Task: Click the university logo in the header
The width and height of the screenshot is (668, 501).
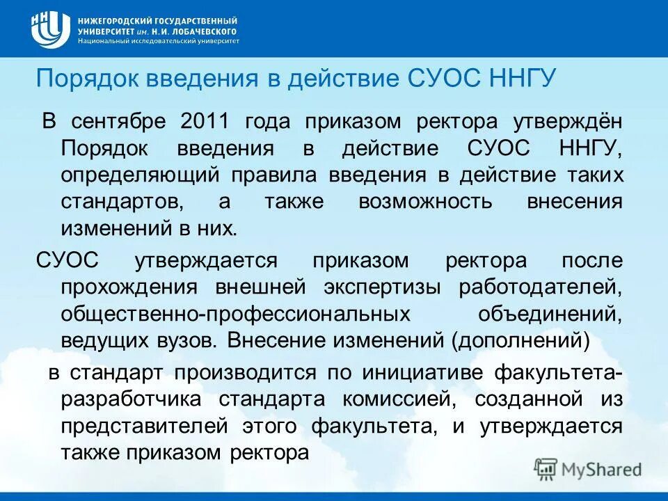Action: (50, 29)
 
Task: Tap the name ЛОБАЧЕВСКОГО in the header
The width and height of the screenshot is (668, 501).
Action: (206, 31)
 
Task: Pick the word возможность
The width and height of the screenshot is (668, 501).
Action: (425, 202)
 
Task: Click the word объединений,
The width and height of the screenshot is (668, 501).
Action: (550, 314)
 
